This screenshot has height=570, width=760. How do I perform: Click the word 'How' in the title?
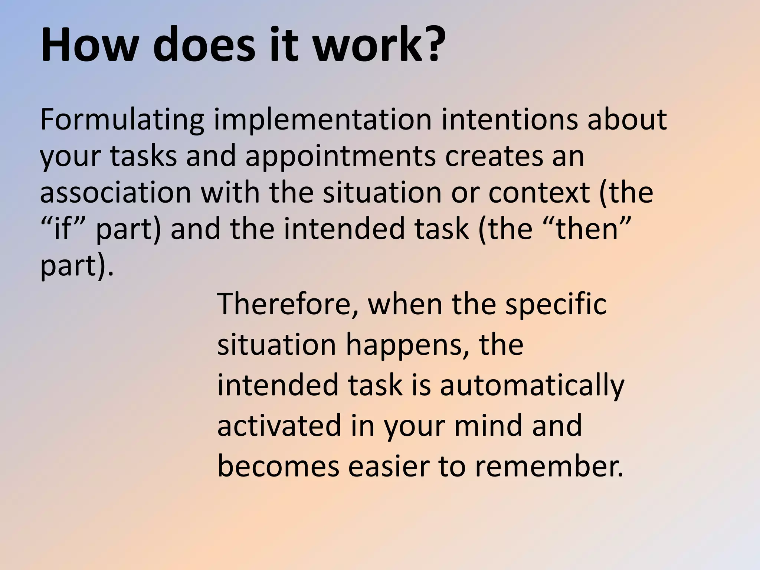88,46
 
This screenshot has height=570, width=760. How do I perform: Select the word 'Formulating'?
122,120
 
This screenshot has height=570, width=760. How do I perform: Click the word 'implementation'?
322,120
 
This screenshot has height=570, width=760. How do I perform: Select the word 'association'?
115,192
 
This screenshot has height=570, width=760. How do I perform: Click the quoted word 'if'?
62,229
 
